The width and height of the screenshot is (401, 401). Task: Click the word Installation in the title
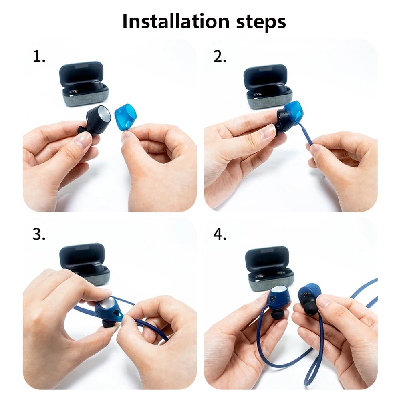(176, 21)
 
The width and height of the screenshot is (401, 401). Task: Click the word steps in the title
(261, 22)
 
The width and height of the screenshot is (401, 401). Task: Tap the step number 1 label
(39, 56)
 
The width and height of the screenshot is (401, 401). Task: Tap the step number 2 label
(220, 56)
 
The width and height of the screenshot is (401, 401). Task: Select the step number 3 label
(39, 234)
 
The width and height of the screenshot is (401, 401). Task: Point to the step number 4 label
(220, 234)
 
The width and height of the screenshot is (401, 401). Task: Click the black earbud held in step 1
(94, 121)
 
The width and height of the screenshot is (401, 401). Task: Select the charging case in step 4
(270, 268)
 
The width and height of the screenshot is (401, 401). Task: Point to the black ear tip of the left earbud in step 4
(277, 314)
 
